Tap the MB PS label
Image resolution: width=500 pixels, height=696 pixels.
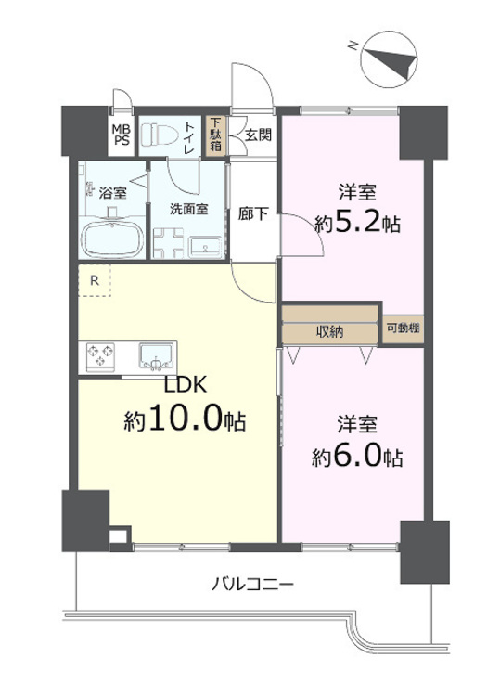[x=122, y=134]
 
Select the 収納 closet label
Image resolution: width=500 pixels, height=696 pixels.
[x=331, y=331]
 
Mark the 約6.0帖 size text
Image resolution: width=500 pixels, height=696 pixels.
[x=356, y=457]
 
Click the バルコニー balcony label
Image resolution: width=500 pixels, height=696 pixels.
[x=252, y=585]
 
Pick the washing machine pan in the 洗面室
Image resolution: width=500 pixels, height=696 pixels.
[x=171, y=243]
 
